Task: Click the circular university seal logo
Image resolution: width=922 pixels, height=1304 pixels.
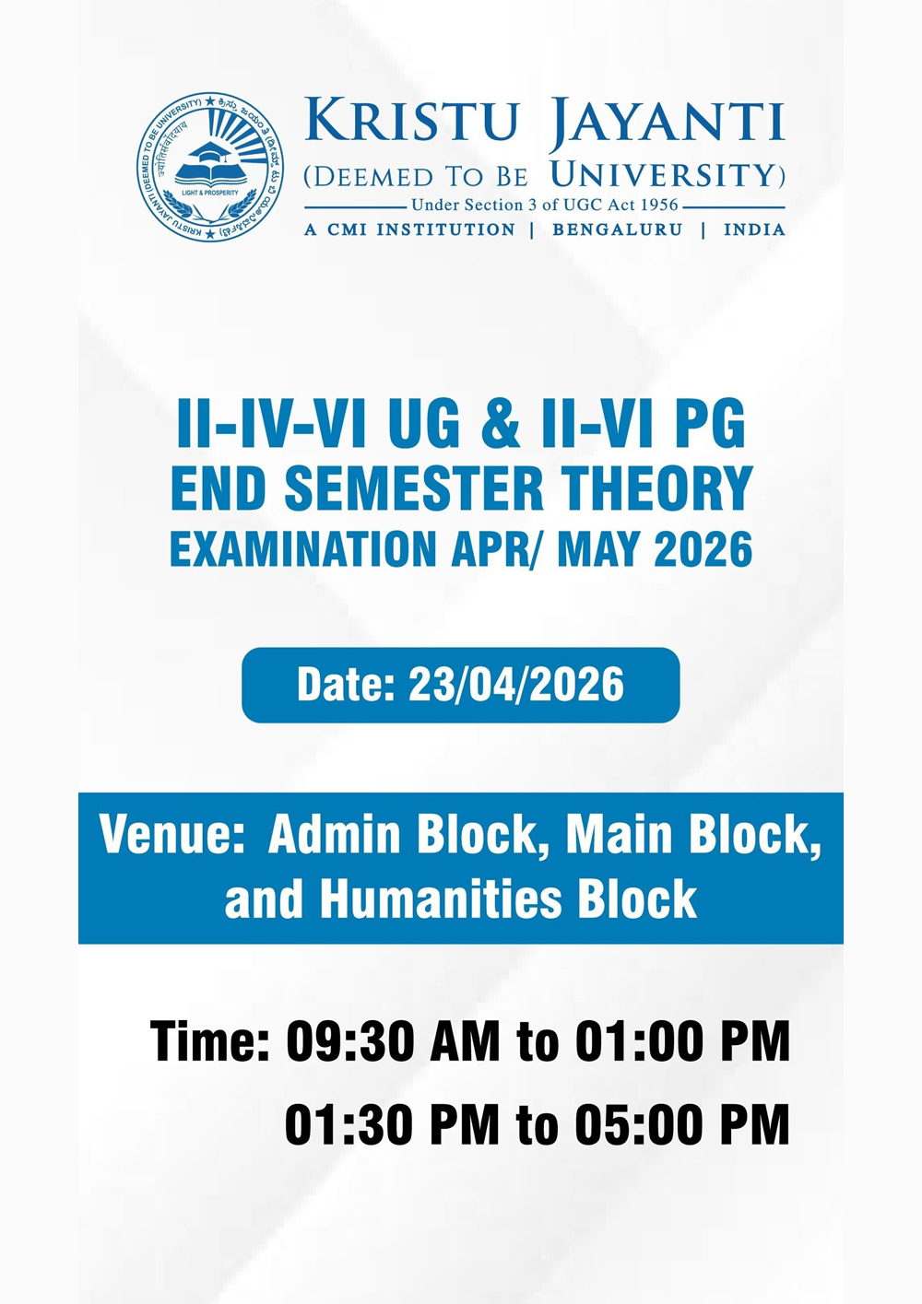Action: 211,167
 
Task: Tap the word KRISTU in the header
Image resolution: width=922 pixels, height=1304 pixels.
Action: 411,120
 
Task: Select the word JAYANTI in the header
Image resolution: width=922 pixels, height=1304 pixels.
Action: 667,123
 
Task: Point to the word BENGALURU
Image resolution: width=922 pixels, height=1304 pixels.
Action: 617,229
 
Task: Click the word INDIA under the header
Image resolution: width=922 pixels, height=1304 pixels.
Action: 754,229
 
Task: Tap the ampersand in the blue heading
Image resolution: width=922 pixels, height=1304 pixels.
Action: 501,425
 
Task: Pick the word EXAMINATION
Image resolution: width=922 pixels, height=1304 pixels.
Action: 303,549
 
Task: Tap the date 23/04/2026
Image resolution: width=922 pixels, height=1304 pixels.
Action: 515,685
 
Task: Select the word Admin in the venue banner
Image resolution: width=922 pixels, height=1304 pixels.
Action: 334,835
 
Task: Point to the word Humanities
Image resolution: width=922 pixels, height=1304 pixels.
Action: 441,899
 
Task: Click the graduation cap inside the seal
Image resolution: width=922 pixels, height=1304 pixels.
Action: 211,151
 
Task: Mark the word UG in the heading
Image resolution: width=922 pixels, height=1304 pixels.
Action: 424,425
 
